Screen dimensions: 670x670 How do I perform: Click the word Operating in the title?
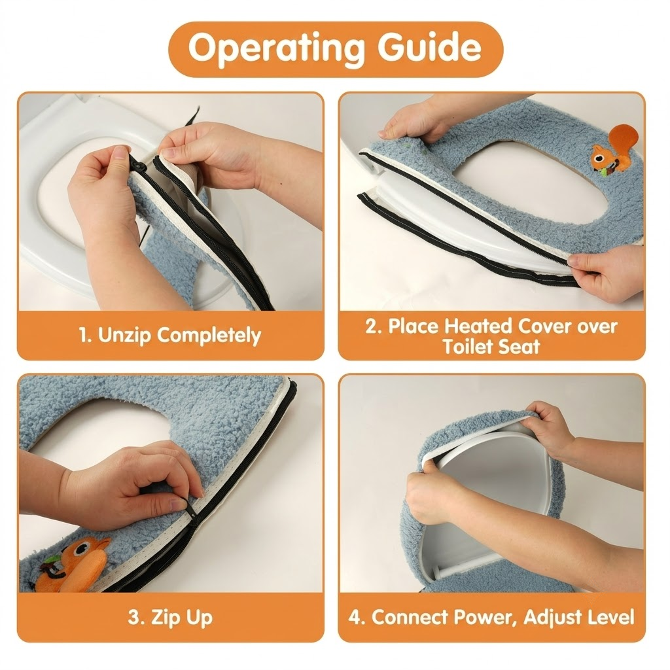click(276, 48)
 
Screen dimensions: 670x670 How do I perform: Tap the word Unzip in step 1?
click(124, 336)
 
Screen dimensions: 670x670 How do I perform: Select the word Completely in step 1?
click(209, 336)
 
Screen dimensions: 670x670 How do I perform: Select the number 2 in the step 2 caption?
click(372, 327)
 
